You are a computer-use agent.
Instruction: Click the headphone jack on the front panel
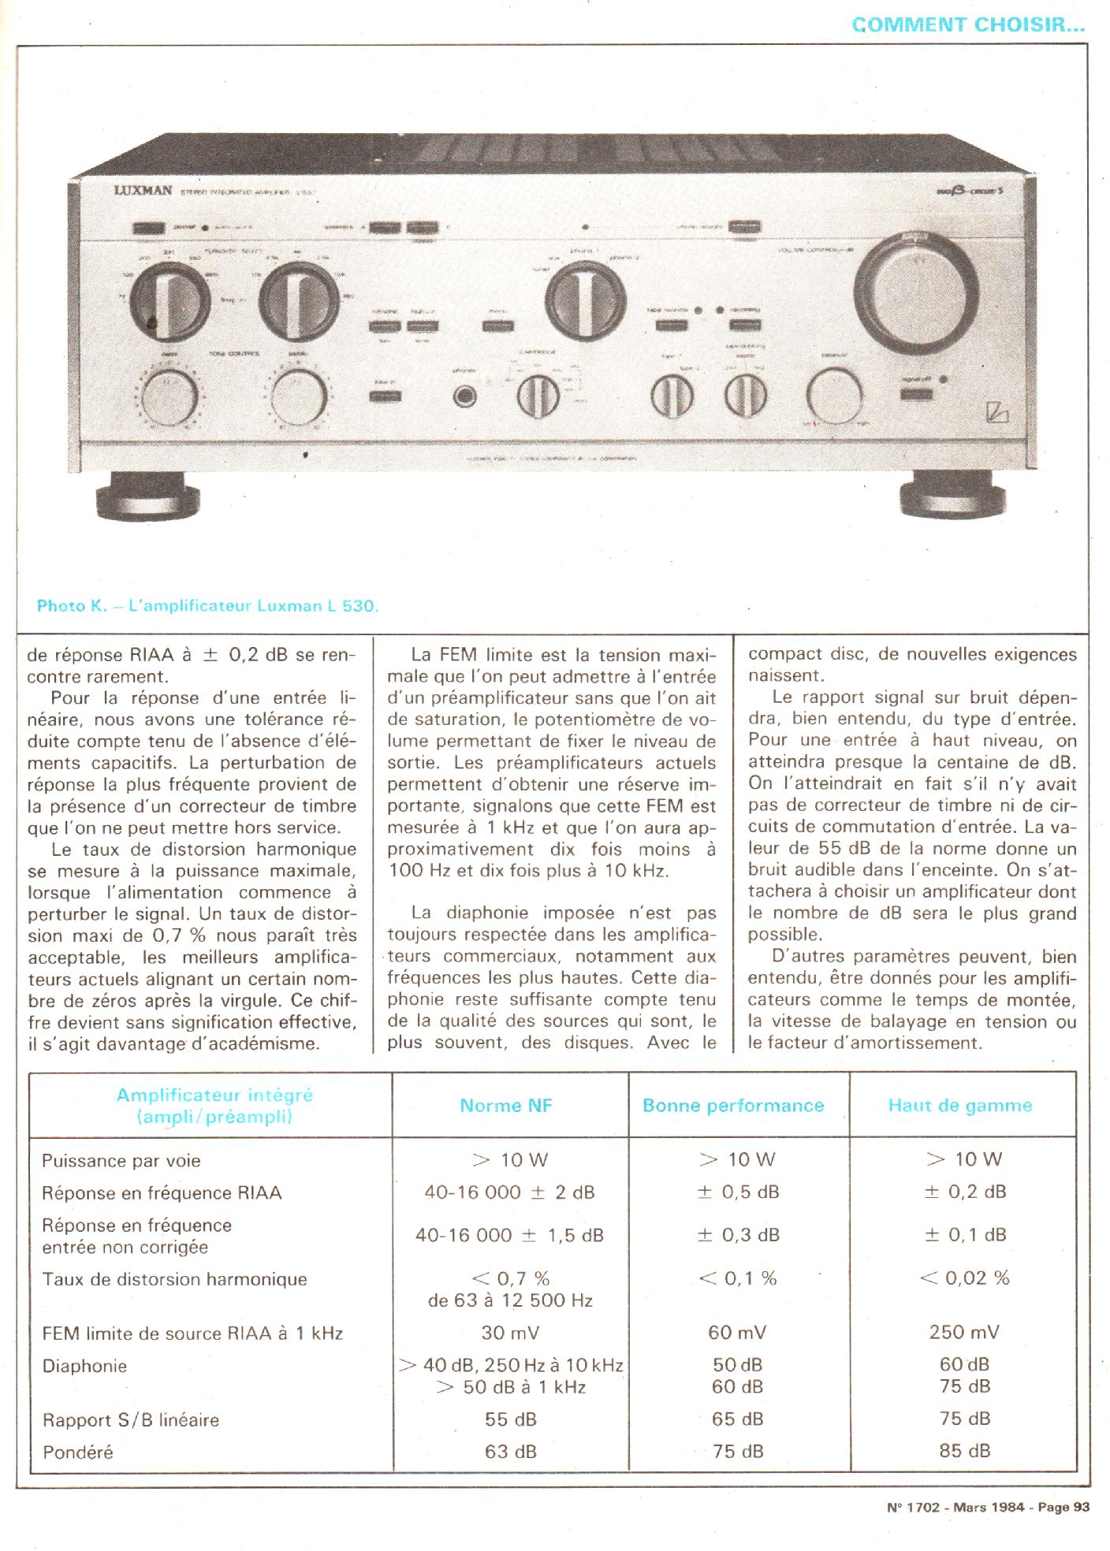coord(465,397)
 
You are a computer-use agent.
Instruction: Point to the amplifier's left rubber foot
coord(146,494)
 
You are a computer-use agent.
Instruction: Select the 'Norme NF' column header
coord(506,1106)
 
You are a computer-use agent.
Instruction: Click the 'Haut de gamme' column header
coord(959,1106)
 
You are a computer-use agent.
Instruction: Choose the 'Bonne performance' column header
coord(733,1106)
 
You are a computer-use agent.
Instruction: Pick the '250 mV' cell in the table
coord(964,1333)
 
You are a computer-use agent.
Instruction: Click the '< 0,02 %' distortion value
coord(964,1278)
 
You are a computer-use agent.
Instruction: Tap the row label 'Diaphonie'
coord(84,1366)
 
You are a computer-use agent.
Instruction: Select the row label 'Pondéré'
coord(77,1452)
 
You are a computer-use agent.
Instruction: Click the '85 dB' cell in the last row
coord(964,1450)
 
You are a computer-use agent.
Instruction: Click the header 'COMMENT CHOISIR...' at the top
coord(968,24)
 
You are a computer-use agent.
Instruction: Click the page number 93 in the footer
coord(1082,1507)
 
